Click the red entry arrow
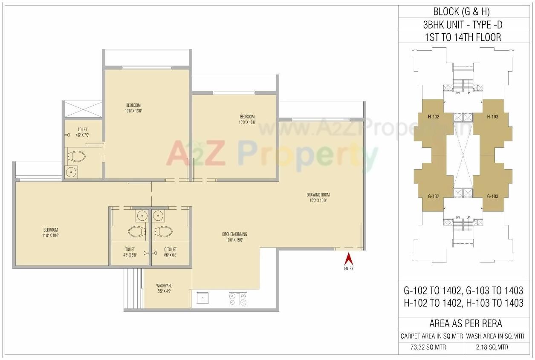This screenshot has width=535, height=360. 349,259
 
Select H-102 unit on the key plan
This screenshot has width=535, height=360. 434,117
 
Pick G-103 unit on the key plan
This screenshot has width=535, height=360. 492,196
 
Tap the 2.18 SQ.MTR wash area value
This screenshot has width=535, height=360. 495,347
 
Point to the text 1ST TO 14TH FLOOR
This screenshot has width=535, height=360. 463,37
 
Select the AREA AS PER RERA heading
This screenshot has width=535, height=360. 463,323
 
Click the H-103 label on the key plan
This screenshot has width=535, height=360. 492,117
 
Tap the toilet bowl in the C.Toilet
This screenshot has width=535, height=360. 164,232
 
